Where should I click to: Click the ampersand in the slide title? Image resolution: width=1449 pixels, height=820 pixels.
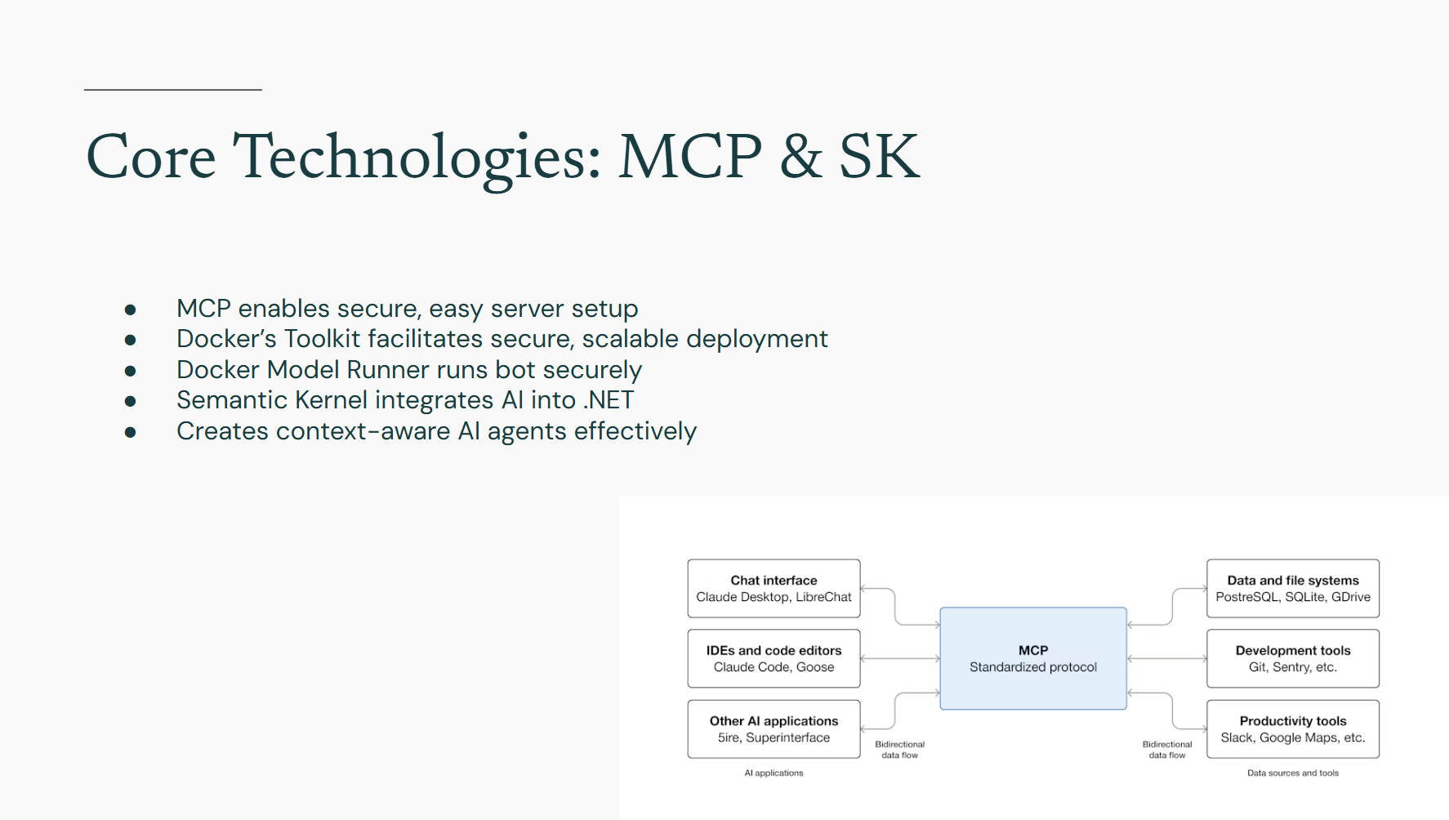click(x=800, y=157)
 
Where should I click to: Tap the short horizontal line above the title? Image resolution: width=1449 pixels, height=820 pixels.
click(x=172, y=90)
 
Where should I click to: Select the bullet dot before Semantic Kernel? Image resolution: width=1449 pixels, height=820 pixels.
click(x=130, y=401)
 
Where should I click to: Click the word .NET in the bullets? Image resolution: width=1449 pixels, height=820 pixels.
click(x=609, y=400)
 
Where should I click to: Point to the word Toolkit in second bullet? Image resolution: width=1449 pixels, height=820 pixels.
click(x=322, y=339)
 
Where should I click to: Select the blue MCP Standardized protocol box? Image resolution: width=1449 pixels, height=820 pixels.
click(x=1032, y=658)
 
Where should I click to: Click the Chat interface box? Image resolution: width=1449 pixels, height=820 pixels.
click(x=774, y=589)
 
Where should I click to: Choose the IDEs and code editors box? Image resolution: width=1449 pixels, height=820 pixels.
click(x=774, y=658)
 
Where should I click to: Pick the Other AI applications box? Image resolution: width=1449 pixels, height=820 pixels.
click(x=774, y=729)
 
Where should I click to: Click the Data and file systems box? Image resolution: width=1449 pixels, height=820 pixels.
click(x=1292, y=589)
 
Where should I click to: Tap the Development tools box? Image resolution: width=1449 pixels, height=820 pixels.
click(x=1292, y=658)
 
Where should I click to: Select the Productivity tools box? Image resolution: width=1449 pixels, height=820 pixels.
click(x=1292, y=729)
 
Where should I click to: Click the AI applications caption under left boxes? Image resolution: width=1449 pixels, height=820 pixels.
click(x=774, y=773)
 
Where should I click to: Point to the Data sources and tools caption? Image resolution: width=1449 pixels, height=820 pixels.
click(x=1292, y=773)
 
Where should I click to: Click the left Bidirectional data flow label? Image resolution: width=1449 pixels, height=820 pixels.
click(x=899, y=750)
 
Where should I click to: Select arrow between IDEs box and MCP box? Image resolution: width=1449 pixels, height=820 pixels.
click(x=899, y=658)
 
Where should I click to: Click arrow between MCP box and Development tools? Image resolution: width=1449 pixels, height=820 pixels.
click(x=1166, y=658)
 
